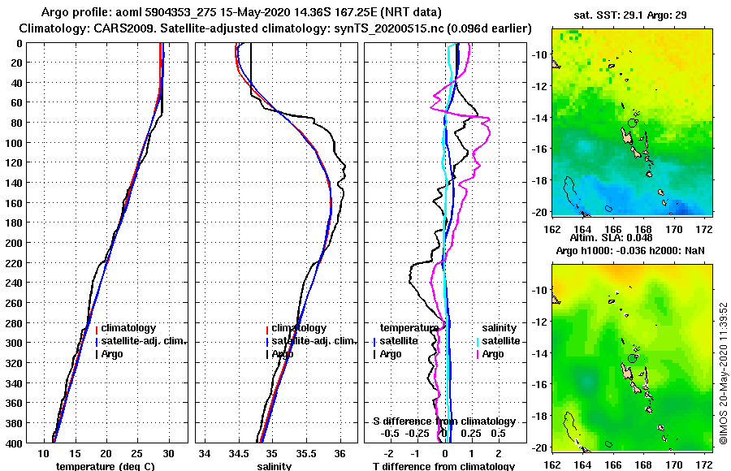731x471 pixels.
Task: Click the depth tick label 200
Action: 15,242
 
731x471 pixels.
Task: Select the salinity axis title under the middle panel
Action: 274,466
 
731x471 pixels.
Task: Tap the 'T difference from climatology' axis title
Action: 443,466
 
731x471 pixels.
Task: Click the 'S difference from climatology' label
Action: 443,421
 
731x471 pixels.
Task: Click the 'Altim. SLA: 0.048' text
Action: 622,238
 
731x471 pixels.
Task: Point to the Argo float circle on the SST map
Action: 632,123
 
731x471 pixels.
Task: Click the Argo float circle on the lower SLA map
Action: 632,358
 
